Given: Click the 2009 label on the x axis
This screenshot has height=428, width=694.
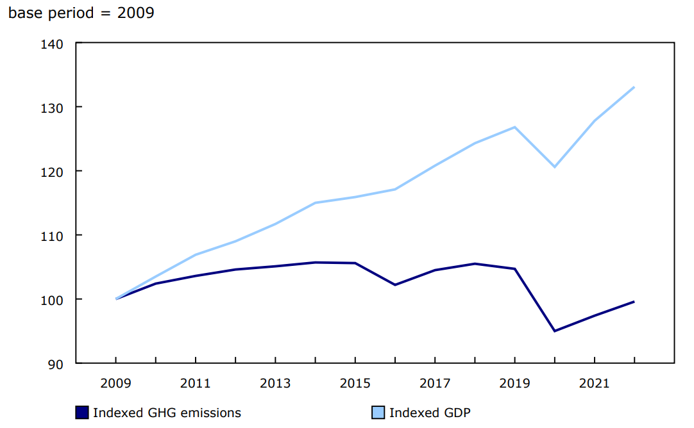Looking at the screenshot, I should tap(115, 383).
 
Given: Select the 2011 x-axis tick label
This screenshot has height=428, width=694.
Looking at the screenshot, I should tap(195, 383).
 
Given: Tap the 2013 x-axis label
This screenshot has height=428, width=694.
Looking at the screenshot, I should tap(275, 383).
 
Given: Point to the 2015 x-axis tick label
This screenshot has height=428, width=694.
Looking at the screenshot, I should tap(355, 383).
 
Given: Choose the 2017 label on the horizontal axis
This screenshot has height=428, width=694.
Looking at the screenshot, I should tap(435, 383).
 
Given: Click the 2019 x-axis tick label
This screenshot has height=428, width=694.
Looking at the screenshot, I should tap(514, 383).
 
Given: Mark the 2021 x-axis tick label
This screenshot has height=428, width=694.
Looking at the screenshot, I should tap(595, 383).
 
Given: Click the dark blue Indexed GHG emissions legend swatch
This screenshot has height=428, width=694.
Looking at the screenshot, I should tap(81, 413).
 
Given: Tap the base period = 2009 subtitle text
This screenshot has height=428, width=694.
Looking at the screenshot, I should tap(81, 13).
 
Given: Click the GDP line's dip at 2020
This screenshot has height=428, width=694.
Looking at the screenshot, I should tap(554, 167).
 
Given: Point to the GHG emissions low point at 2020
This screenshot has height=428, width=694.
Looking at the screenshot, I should tap(554, 331).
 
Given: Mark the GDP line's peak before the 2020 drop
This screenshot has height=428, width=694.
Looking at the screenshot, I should tap(514, 127).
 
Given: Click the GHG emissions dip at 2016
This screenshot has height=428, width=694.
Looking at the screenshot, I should tap(394, 284).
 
